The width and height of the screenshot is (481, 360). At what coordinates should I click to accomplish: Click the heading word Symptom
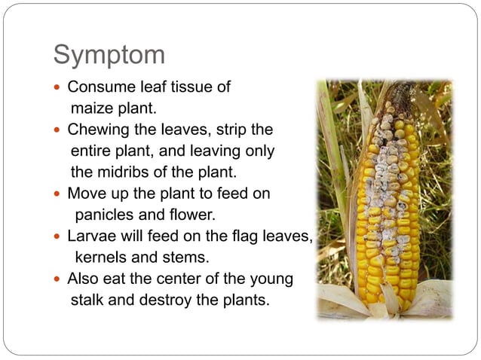point(109,54)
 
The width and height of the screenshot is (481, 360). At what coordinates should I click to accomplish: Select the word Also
point(83,279)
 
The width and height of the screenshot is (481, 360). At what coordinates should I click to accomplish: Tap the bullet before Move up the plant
point(59,194)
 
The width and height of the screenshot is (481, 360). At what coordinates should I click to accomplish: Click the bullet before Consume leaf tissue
point(59,87)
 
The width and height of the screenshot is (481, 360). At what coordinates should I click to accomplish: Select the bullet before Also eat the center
point(59,279)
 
